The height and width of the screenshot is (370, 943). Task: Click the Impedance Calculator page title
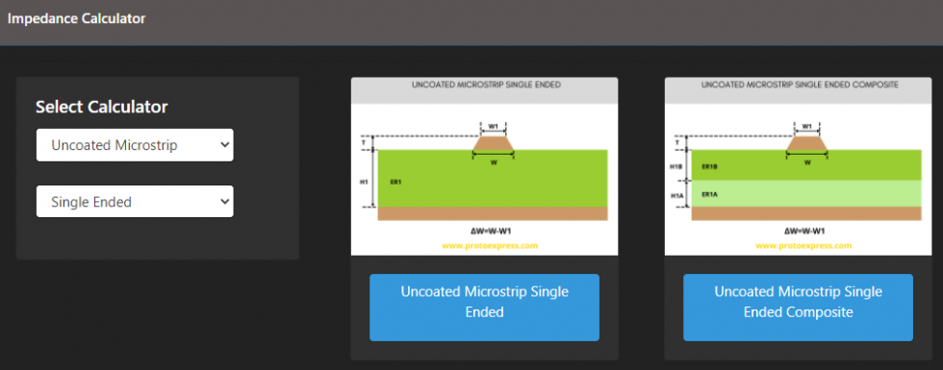(76, 18)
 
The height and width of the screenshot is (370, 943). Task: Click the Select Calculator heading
(101, 107)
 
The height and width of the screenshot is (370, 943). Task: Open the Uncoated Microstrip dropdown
(135, 145)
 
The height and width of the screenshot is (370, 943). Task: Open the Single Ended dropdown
(135, 202)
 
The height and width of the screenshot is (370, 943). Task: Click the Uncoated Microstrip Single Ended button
(484, 301)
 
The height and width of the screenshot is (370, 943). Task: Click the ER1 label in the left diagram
(395, 181)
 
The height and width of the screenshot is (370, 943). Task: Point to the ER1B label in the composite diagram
(710, 166)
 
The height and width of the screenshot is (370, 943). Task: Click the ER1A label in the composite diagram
(710, 194)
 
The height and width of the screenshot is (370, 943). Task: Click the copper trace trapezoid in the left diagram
(494, 142)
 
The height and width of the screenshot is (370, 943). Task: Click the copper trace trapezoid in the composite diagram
(807, 142)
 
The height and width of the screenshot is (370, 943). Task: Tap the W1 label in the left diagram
(494, 126)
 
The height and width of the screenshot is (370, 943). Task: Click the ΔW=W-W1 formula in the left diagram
(491, 232)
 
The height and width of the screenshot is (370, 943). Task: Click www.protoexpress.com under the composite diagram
(803, 245)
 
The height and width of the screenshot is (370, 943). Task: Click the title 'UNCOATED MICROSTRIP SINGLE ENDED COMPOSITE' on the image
(800, 85)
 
